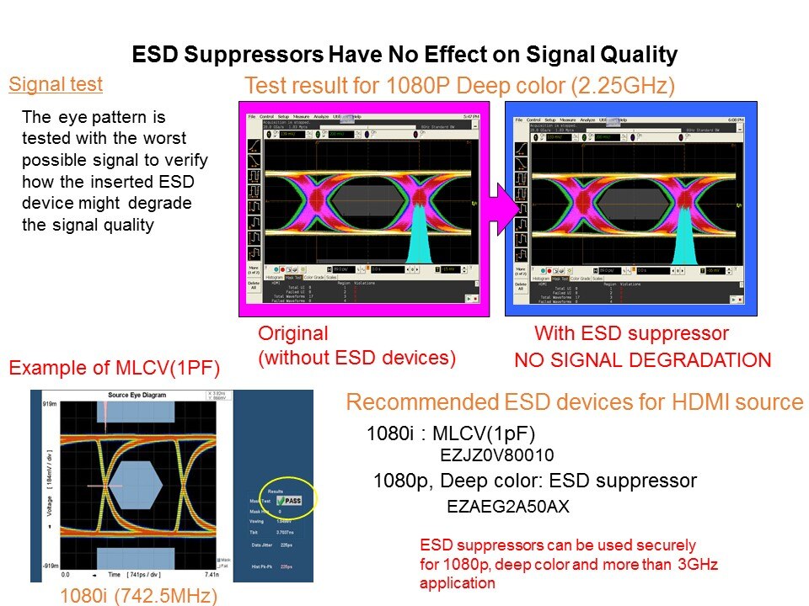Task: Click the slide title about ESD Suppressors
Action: coord(404,56)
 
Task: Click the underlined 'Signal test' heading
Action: coord(56,84)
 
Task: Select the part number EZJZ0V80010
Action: coord(497,455)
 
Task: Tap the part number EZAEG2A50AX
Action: coord(507,507)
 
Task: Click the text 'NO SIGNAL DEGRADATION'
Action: coord(642,360)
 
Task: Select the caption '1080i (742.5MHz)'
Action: coord(139,596)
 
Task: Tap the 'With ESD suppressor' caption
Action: coord(631,332)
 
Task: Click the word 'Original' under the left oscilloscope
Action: coord(292,332)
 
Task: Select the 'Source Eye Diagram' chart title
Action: coord(141,396)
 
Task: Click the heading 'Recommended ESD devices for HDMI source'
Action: coord(575,402)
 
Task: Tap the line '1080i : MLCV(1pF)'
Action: coord(451,434)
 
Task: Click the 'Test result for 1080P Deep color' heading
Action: coord(459,85)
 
